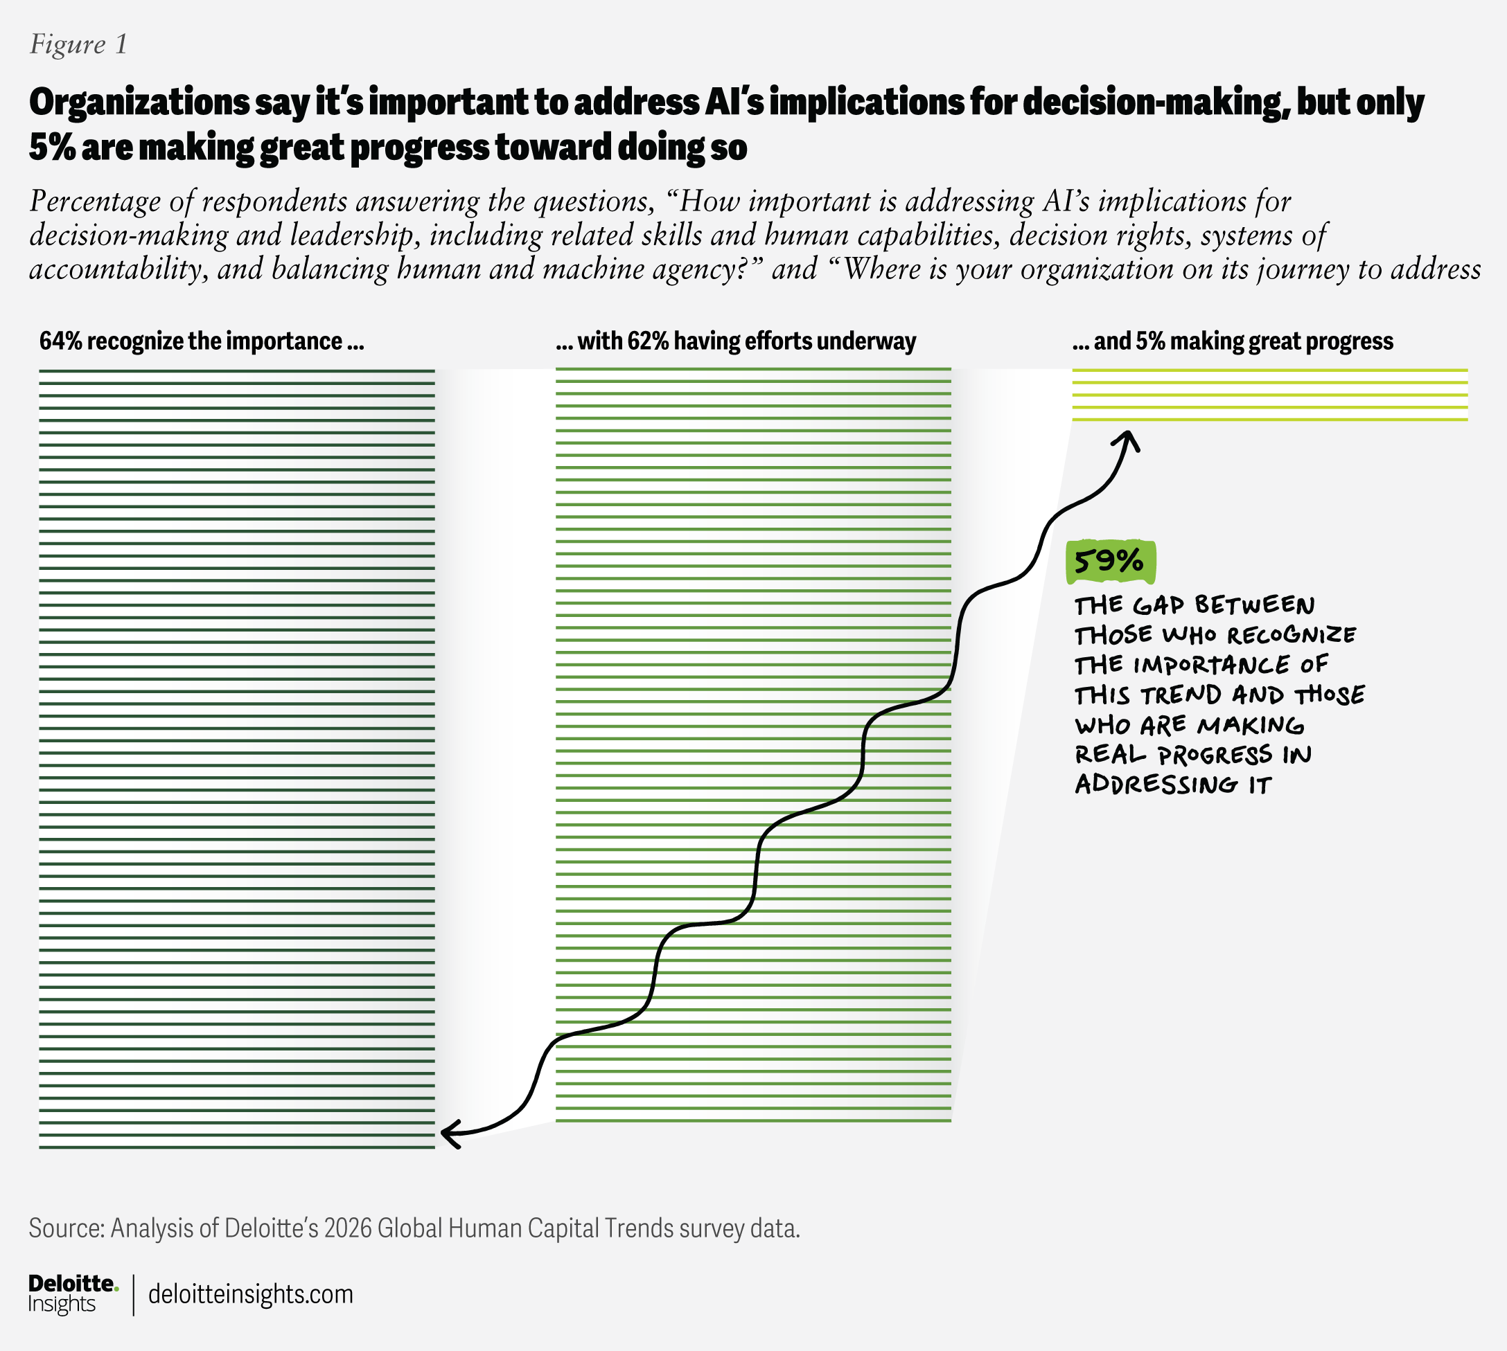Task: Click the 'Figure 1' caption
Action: [x=78, y=44]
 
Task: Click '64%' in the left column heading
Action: [x=60, y=341]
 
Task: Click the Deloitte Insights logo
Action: [x=73, y=1294]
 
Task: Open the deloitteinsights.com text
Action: [x=250, y=1294]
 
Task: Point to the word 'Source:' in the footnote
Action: [x=66, y=1228]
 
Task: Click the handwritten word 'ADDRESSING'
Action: [x=1156, y=785]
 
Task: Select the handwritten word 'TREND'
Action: [x=1181, y=695]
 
